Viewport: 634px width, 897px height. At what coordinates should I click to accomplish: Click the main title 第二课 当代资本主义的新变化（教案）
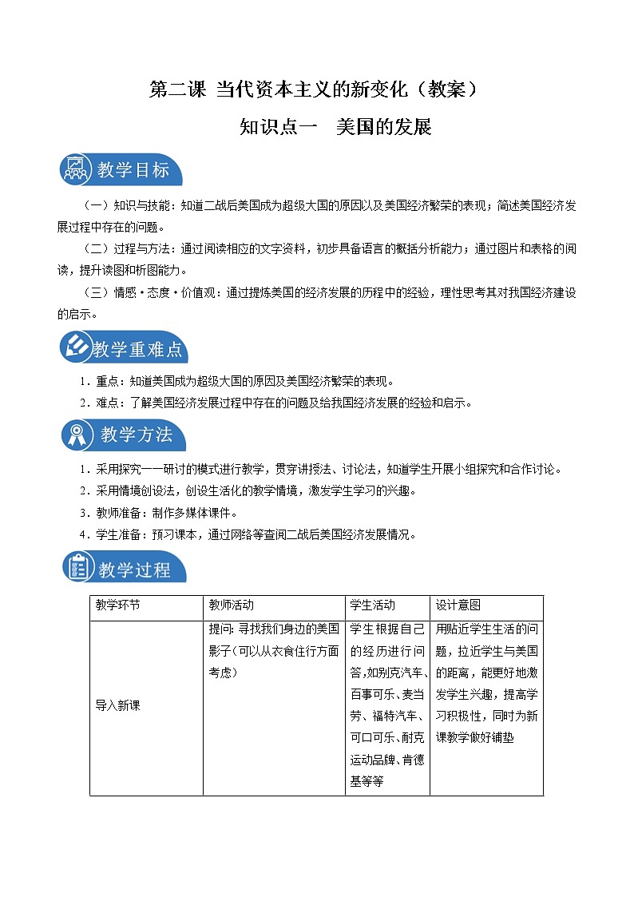316,90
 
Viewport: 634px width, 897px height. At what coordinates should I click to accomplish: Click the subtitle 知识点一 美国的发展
335,127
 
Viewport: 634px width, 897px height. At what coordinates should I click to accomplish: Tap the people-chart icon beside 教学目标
77,169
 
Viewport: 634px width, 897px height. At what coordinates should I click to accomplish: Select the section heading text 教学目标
133,170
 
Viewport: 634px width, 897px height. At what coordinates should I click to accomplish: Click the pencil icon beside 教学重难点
77,347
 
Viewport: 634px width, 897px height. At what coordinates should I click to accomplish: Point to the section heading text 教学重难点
137,349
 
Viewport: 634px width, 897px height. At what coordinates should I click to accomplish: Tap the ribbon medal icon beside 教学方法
77,435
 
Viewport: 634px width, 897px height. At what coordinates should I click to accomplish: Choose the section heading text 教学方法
137,435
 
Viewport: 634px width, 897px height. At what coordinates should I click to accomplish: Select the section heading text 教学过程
135,570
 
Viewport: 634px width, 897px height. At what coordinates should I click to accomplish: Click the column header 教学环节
117,605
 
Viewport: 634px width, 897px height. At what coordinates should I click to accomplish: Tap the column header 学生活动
373,605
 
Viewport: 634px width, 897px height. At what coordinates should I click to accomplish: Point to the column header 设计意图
458,605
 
